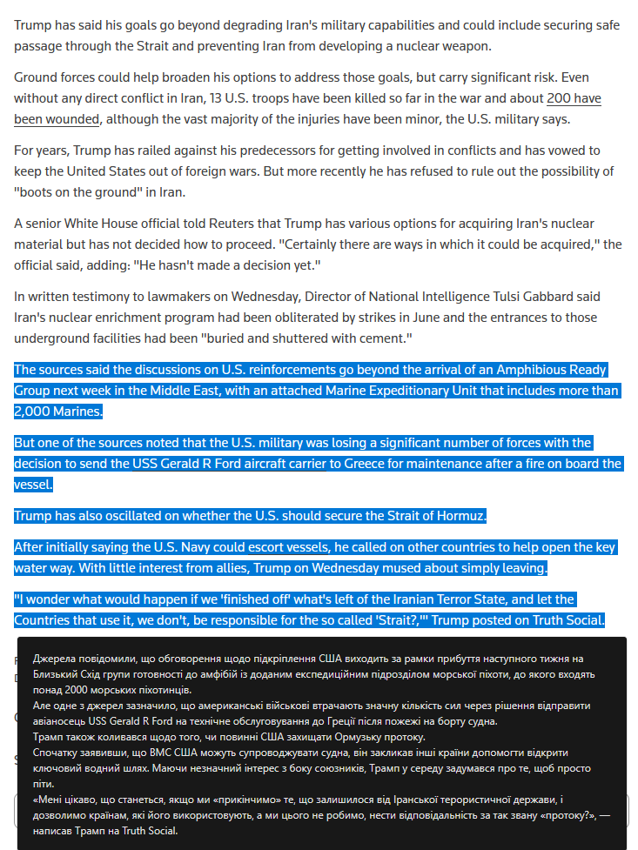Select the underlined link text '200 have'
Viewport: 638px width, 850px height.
point(574,98)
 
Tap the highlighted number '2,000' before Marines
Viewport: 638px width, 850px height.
point(32,411)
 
